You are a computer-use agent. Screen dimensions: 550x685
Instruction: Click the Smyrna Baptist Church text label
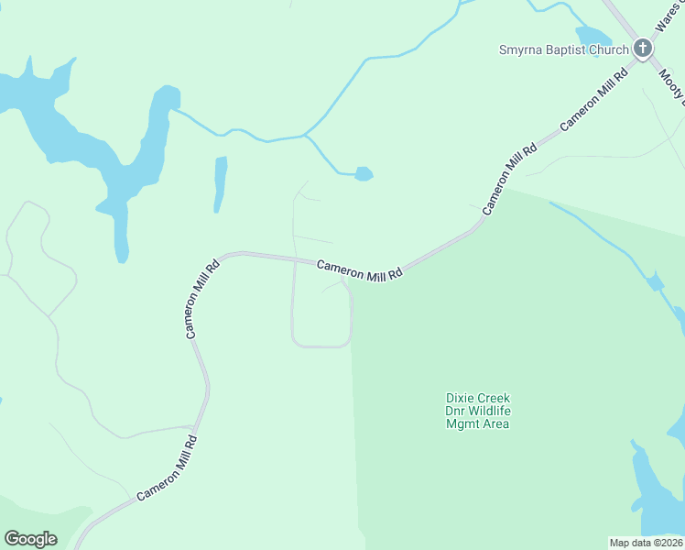562,49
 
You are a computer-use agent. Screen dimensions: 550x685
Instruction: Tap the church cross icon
643,48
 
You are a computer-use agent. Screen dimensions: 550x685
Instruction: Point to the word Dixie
462,398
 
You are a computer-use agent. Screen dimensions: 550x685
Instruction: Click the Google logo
30,539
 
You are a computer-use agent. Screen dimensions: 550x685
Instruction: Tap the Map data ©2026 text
647,543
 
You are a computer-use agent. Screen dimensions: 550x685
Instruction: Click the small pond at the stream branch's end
364,173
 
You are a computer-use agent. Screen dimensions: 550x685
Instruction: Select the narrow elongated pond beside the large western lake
220,183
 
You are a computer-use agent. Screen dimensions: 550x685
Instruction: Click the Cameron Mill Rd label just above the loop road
360,269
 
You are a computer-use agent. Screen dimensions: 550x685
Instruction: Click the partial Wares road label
662,16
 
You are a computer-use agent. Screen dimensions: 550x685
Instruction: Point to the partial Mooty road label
674,84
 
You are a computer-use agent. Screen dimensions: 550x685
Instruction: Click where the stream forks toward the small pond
305,137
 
